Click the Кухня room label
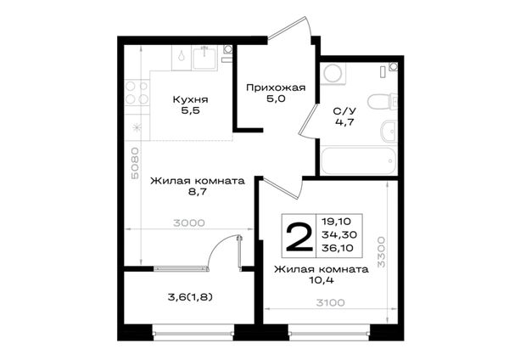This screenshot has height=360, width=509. click(190, 99)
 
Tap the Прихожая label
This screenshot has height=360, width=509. click(276, 87)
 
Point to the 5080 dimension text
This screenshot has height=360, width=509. click(135, 163)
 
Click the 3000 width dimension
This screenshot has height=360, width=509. click(189, 223)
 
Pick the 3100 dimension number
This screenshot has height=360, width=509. click(331, 303)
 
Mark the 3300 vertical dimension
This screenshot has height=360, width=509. click(381, 252)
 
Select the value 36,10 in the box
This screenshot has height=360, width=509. click(338, 248)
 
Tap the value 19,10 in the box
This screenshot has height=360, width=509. click(336, 222)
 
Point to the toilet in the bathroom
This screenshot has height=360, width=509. click(383, 101)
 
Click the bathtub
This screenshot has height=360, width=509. click(358, 160)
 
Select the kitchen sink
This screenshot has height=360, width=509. click(204, 59)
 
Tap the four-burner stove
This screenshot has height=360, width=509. click(137, 93)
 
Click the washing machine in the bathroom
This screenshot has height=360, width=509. click(333, 73)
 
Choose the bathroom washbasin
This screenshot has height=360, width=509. click(389, 131)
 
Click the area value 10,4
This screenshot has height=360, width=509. click(321, 280)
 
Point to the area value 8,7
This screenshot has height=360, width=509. click(197, 192)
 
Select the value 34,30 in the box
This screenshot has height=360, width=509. click(338, 234)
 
